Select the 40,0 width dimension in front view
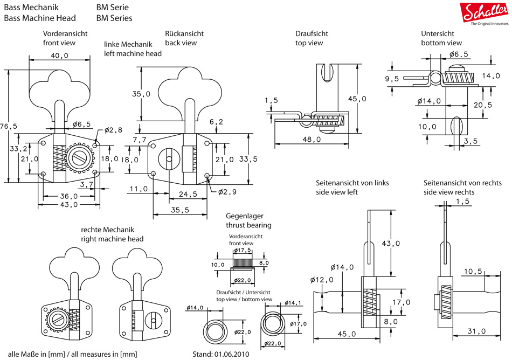coord(59,56)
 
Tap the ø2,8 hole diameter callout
coord(114,130)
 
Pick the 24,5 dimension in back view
coord(188,194)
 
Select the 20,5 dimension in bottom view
coord(483,105)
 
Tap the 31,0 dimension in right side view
coord(476,331)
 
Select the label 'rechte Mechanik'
coord(107,229)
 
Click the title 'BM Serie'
coord(112,8)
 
